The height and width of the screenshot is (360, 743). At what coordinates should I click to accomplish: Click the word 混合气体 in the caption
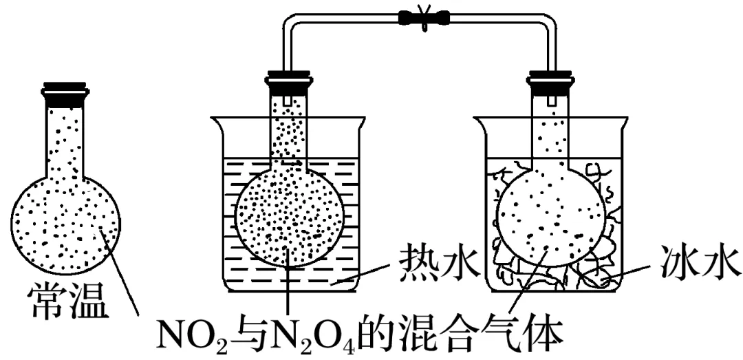click(482, 335)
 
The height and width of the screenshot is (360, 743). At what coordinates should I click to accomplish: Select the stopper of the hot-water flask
click(290, 81)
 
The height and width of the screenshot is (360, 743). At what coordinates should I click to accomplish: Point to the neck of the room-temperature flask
click(66, 138)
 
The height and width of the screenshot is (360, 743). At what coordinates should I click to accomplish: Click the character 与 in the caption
click(237, 335)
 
